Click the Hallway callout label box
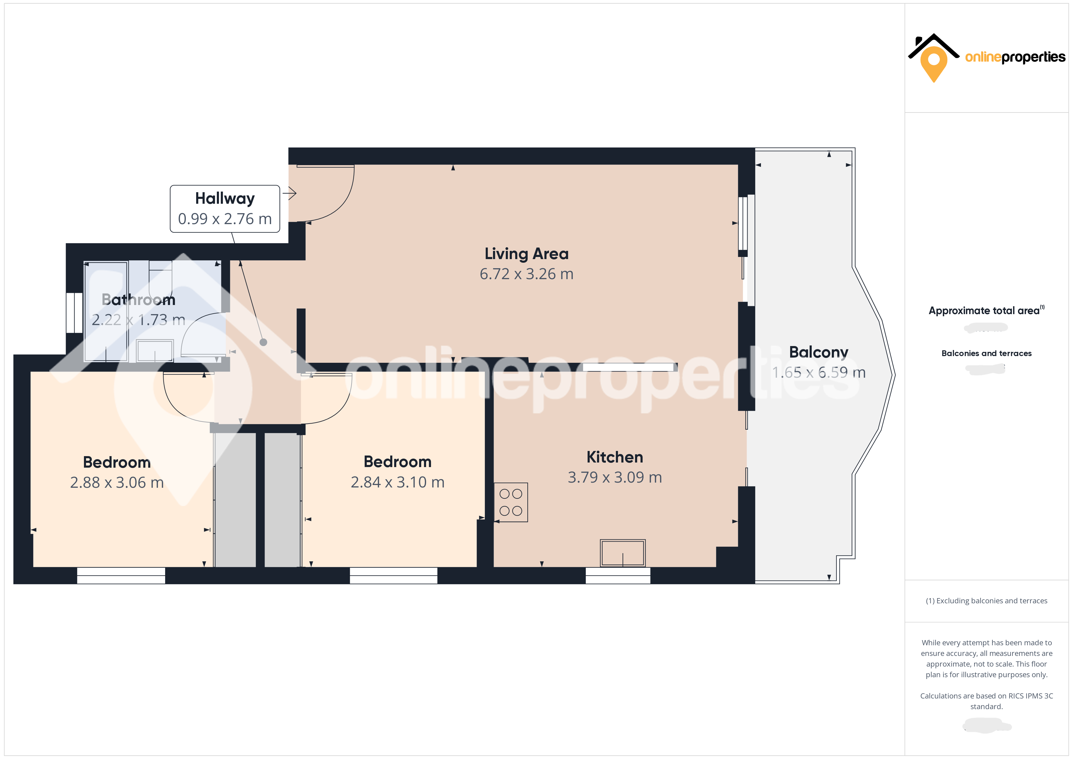click(x=225, y=208)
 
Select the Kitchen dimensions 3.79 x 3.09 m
click(x=615, y=477)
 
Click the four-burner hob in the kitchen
click(x=511, y=502)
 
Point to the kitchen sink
click(x=623, y=553)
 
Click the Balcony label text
click(x=818, y=352)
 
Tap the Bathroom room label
click(x=138, y=300)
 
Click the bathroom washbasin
click(x=155, y=351)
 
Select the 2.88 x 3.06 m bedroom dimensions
click(x=117, y=482)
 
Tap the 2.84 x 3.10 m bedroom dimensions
click(x=397, y=482)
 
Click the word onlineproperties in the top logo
click(x=1015, y=57)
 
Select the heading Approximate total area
click(x=984, y=311)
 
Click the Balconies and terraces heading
click(x=986, y=353)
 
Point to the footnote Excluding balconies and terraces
click(x=986, y=601)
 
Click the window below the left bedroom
click(x=121, y=575)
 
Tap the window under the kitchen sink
click(x=618, y=575)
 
